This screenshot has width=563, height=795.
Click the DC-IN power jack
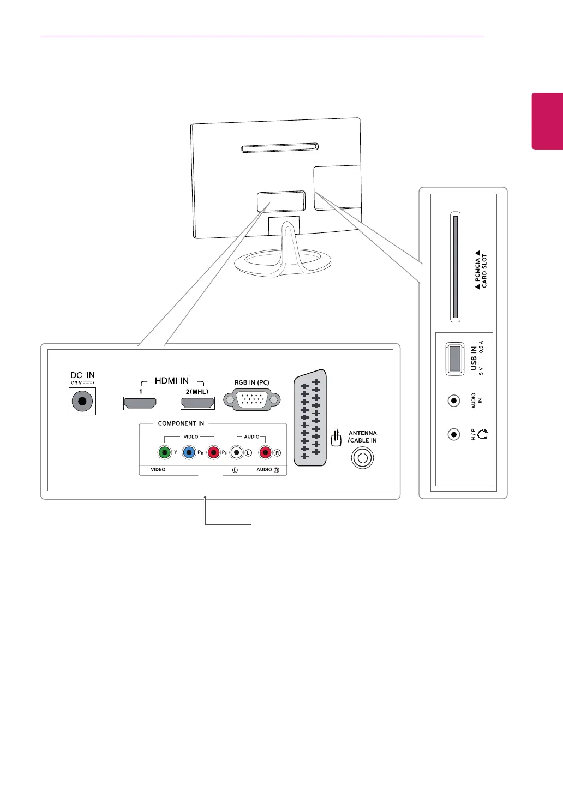click(82, 402)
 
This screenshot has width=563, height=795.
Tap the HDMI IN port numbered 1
click(140, 403)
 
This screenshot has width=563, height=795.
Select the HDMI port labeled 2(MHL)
click(197, 403)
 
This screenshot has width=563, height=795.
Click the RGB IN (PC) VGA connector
click(252, 401)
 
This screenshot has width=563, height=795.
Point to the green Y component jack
click(164, 452)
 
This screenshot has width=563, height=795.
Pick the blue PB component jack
click(189, 452)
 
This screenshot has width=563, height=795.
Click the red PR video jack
click(213, 452)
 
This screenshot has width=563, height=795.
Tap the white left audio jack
click(236, 452)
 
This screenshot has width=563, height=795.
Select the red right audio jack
click(266, 452)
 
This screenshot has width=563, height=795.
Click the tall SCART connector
click(310, 419)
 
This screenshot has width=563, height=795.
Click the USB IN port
click(453, 358)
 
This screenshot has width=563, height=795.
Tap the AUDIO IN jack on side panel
click(453, 401)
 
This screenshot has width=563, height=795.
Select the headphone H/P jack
click(453, 434)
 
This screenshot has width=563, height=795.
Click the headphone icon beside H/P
click(482, 434)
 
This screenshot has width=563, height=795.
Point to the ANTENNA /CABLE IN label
click(362, 437)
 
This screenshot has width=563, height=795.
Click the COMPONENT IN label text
click(181, 423)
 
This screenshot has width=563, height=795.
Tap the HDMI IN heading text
click(172, 381)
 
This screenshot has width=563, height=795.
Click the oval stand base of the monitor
click(283, 262)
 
